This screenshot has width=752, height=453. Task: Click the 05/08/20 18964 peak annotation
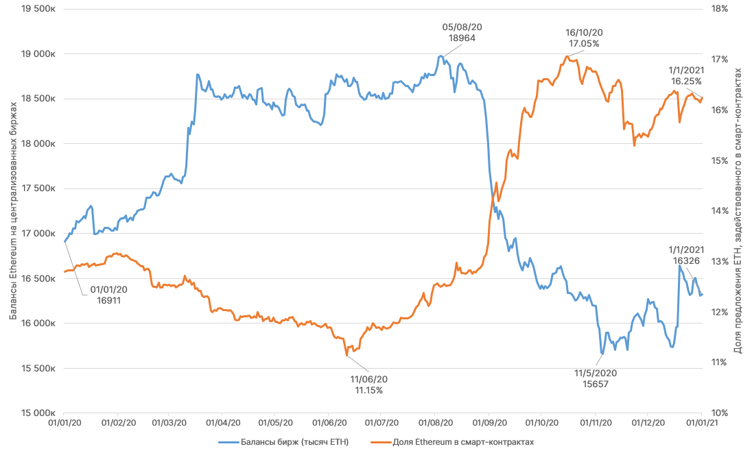[462, 32]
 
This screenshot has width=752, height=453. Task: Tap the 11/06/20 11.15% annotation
[369, 384]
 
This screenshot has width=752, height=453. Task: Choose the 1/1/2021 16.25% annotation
[686, 75]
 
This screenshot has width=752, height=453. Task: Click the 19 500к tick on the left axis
[36, 9]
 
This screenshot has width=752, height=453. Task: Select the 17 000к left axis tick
[36, 234]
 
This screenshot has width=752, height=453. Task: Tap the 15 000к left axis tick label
[36, 413]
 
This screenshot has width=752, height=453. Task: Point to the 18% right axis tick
[718, 9]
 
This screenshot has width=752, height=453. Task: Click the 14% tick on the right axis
[718, 211]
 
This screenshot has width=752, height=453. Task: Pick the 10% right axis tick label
[718, 413]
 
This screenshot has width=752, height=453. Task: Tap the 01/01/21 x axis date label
[701, 425]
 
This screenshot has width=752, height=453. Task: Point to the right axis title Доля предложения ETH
[738, 211]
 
